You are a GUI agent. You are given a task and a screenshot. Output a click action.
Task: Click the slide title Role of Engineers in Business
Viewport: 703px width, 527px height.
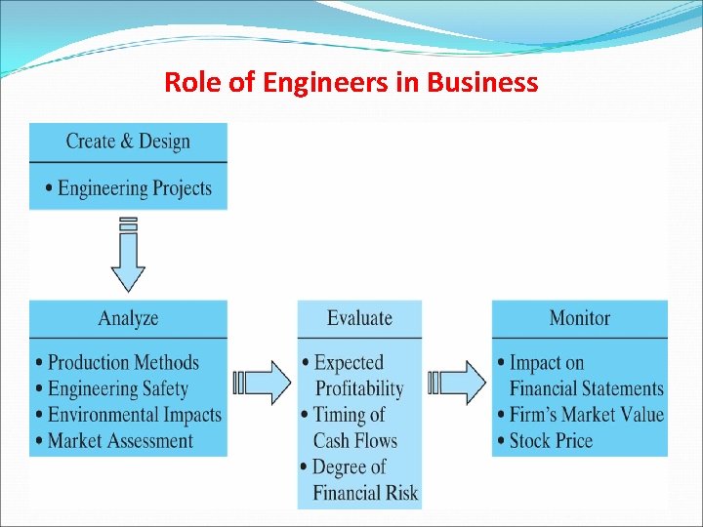click(x=351, y=82)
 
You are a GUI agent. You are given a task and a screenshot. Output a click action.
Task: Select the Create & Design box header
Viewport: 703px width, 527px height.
click(x=128, y=142)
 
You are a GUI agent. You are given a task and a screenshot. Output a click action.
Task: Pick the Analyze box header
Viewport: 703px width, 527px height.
click(x=128, y=318)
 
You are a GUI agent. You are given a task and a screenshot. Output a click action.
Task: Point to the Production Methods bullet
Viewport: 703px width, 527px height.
click(x=123, y=363)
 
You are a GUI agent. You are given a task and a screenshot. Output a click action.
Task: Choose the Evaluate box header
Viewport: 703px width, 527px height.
click(x=359, y=318)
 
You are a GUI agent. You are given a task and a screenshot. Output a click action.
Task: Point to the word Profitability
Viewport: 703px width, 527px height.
click(x=358, y=388)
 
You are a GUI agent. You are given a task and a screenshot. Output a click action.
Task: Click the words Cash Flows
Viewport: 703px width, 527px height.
click(x=354, y=441)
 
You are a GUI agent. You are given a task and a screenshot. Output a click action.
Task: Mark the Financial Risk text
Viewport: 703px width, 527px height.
click(x=365, y=493)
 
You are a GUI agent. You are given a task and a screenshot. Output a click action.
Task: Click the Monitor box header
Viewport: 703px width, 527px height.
click(x=579, y=318)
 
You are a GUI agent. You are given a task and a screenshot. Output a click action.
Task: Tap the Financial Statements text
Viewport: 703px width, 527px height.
click(x=586, y=388)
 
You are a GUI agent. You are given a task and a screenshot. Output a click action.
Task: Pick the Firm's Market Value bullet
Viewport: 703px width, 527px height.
click(x=586, y=415)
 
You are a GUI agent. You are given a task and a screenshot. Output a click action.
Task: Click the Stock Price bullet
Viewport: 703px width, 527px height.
click(x=551, y=441)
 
